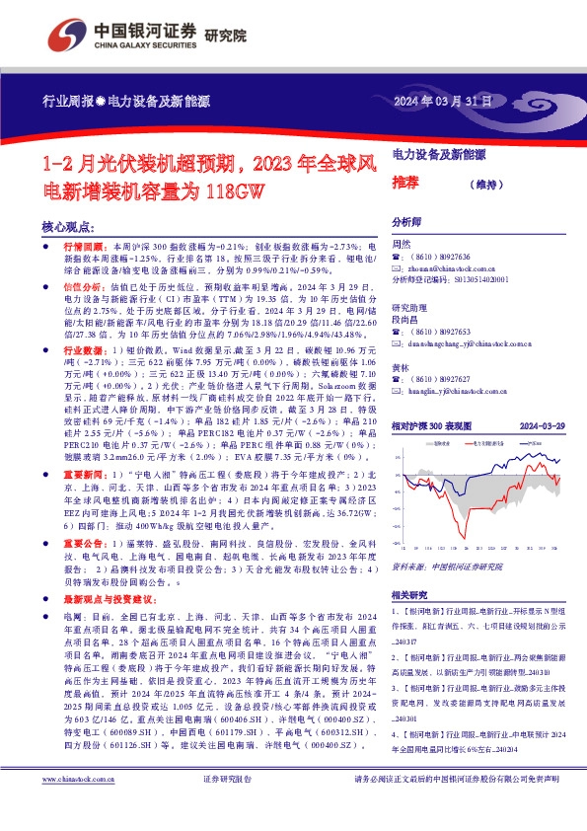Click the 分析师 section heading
tap(408, 222)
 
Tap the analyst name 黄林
tap(402, 365)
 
